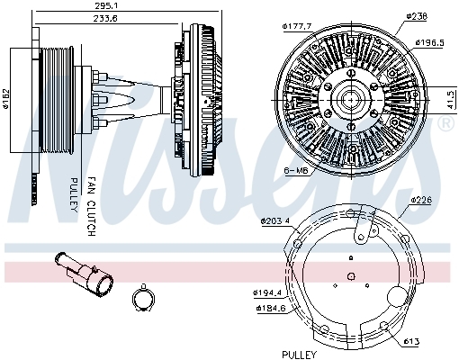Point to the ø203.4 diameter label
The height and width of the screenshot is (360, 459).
pyautogui.click(x=276, y=221)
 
